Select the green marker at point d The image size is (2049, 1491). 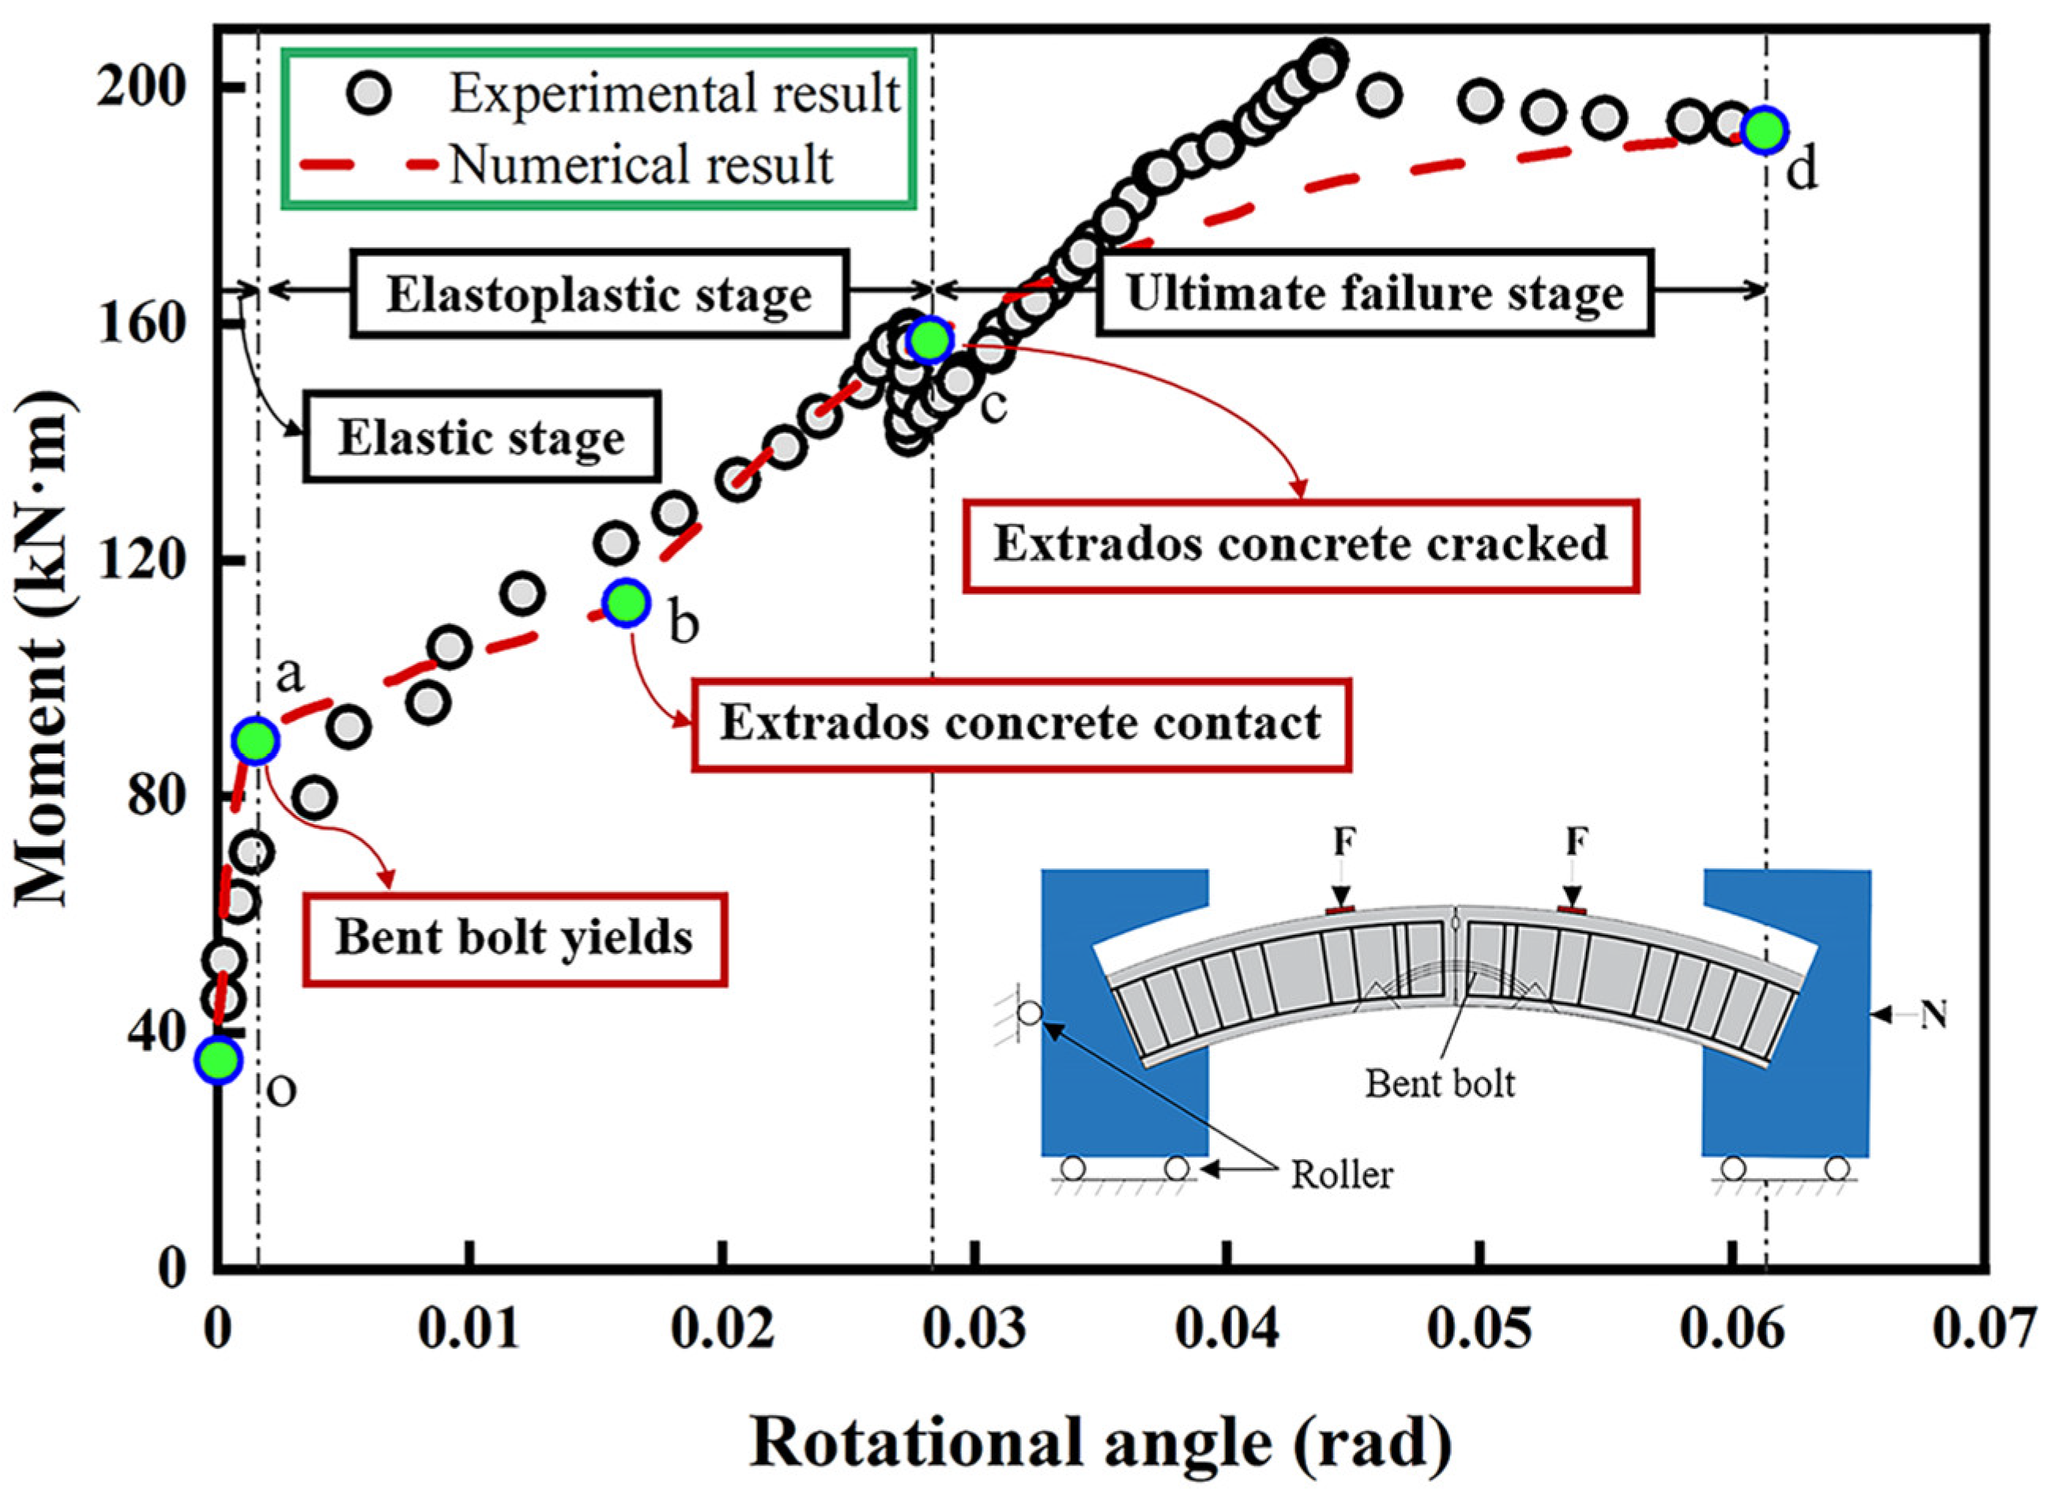(1765, 131)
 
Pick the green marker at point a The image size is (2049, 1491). (257, 742)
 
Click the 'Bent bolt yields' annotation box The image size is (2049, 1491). (514, 939)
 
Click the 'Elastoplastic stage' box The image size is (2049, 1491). (599, 296)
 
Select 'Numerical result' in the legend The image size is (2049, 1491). (642, 165)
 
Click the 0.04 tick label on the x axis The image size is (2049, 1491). (1226, 1330)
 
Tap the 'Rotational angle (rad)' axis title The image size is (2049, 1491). (1101, 1441)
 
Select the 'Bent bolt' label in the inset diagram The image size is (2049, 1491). (1440, 1083)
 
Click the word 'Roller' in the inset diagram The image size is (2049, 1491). (1342, 1176)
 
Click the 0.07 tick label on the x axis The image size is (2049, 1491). (1986, 1330)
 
